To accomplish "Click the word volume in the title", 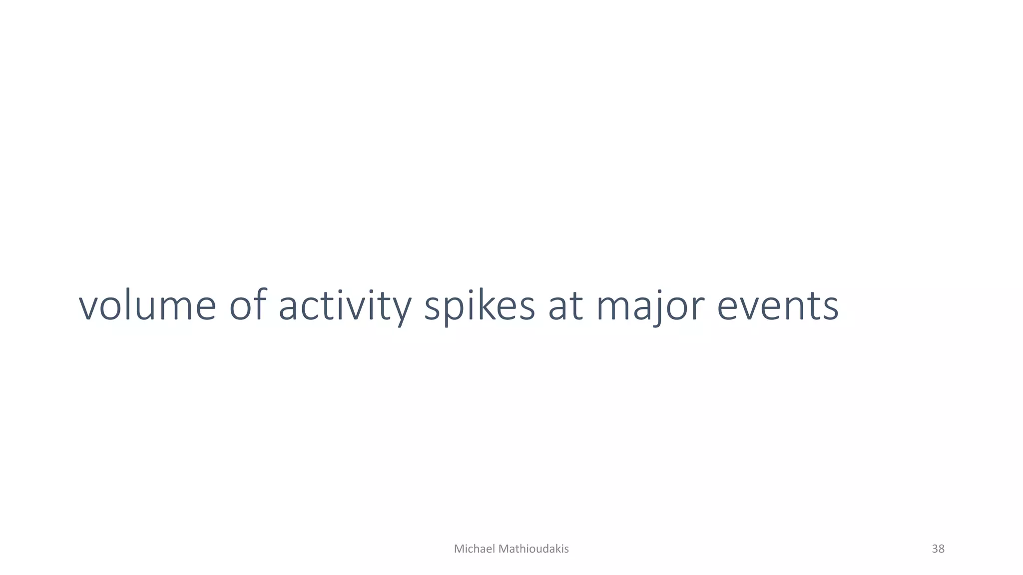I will (147, 305).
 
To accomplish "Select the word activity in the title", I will (345, 305).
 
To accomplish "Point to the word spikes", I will (480, 305).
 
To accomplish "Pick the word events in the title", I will (778, 305).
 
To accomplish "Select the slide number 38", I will (938, 549).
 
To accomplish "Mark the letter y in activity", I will (400, 309).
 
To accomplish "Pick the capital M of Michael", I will (458, 549).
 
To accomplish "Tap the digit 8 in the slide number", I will (942, 549).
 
